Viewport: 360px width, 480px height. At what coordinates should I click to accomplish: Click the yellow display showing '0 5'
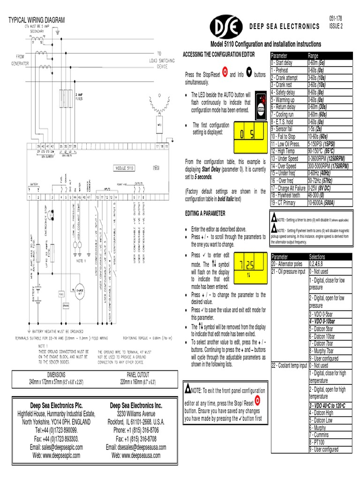click(x=247, y=135)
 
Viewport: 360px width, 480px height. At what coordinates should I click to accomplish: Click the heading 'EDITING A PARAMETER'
click(x=205, y=213)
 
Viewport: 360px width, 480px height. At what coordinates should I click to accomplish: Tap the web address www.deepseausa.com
click(x=135, y=455)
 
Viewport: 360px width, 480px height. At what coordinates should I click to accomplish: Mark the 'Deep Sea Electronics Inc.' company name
click(x=136, y=405)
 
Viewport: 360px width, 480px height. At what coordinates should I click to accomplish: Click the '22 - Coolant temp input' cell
click(x=289, y=365)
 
